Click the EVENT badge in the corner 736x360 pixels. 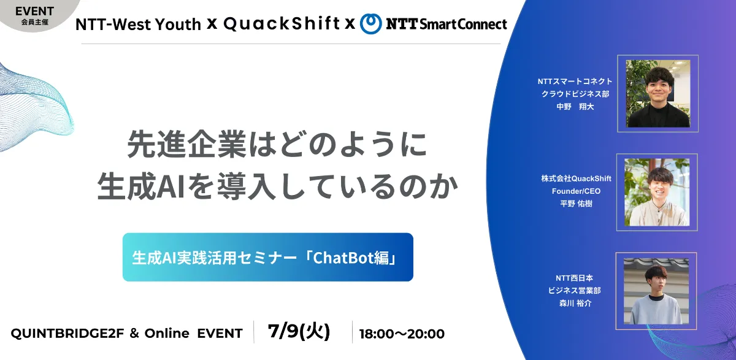pos(34,15)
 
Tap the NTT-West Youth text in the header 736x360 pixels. pos(138,25)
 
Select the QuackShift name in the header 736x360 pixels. pos(282,24)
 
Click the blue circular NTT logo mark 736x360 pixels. pos(371,24)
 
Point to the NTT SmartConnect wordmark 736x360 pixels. pos(447,25)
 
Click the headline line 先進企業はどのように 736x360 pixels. pos(277,144)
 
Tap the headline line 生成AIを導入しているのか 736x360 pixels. pos(278,186)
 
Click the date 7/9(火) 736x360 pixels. pos(299,331)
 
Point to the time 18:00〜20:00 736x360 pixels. pos(402,334)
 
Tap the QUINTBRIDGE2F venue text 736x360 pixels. pos(67,334)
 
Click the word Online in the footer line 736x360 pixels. pos(167,334)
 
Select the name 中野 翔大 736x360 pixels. pos(575,107)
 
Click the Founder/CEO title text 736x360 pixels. pos(576,191)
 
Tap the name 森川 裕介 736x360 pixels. pos(575,303)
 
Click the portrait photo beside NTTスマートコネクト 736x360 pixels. pos(657,94)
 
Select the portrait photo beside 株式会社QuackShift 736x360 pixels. pos(657,192)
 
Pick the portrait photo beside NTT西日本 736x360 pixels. pos(656,291)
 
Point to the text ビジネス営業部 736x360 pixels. pos(574,290)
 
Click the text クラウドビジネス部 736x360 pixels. pos(575,94)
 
